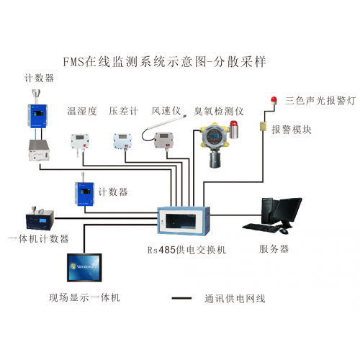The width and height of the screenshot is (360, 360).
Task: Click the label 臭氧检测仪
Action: [x=220, y=112]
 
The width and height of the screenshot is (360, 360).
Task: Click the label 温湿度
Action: [x=81, y=112]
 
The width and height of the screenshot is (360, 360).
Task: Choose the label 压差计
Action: [x=121, y=112]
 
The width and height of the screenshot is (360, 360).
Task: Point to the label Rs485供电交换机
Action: [x=186, y=249]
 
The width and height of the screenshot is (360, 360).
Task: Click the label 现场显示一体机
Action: [x=84, y=297]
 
